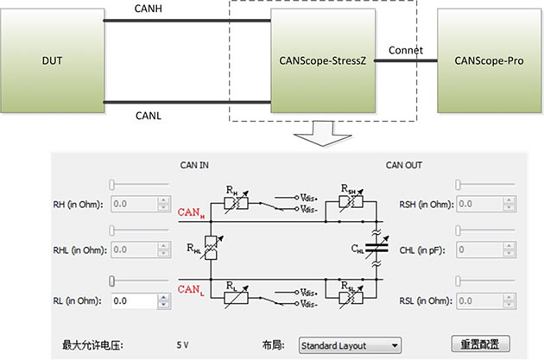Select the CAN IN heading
click(194, 165)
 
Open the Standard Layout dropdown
click(349, 345)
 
